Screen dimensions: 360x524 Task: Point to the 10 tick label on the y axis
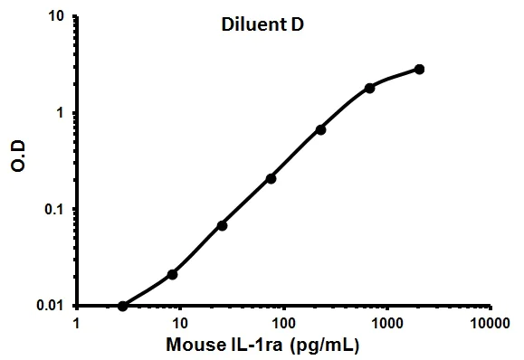click(x=55, y=16)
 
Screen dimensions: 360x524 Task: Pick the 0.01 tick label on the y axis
click(x=50, y=305)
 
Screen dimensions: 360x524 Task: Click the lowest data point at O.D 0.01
click(x=123, y=306)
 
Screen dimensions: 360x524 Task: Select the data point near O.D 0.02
click(x=172, y=274)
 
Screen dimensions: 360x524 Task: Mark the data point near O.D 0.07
click(x=222, y=225)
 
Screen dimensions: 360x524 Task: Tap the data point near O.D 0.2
click(x=271, y=178)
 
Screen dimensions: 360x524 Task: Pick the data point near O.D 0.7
click(x=320, y=129)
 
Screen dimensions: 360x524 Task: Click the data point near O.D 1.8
click(x=369, y=88)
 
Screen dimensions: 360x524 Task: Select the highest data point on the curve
click(x=419, y=69)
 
